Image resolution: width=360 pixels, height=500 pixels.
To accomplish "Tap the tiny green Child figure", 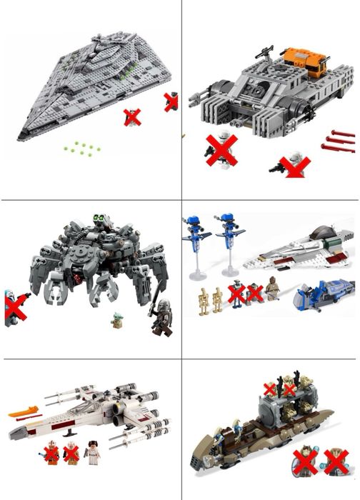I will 116,321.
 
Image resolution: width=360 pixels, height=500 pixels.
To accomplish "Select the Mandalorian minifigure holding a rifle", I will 158,318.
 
